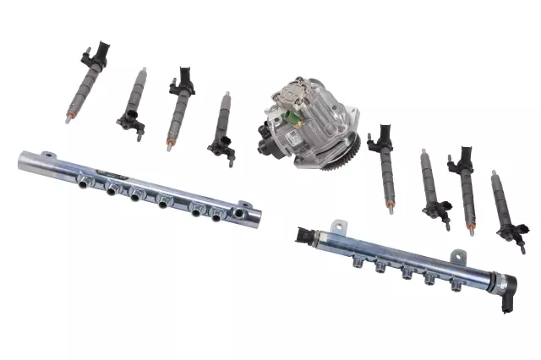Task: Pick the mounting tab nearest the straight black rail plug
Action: coord(340,226)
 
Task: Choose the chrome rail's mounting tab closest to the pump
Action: coord(244,205)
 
